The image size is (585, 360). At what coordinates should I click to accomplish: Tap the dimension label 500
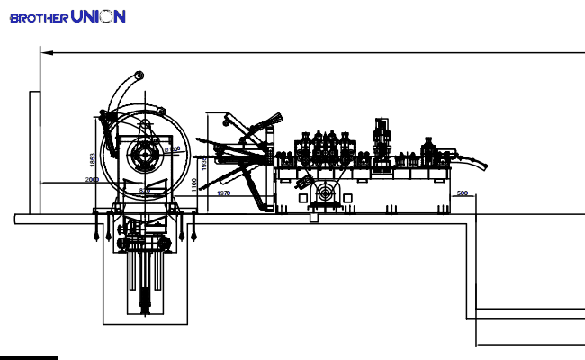[x=463, y=193]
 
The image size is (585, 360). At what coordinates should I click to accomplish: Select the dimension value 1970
[x=224, y=193]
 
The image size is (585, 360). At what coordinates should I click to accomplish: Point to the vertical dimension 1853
[x=92, y=159]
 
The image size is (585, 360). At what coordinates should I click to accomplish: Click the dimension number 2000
[x=92, y=180]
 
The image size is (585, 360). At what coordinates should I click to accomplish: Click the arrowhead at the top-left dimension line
[x=46, y=52]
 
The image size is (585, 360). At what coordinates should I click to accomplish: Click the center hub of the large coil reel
[x=144, y=156]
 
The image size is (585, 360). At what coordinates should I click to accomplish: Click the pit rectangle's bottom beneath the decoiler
[x=146, y=323]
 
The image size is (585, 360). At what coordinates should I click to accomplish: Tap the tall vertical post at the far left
[x=33, y=153]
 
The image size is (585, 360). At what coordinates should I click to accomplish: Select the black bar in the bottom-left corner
[x=29, y=357]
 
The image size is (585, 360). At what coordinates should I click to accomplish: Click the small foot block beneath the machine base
[x=313, y=216]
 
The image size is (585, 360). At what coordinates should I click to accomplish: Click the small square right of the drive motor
[x=349, y=195]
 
